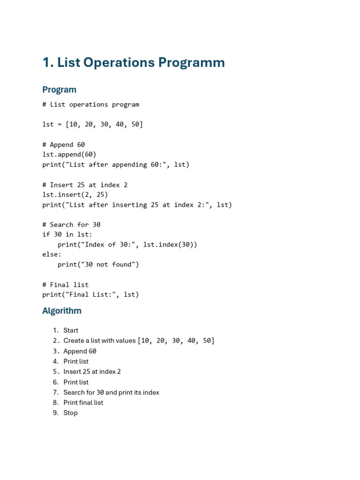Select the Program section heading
(59, 90)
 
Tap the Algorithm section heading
(62, 311)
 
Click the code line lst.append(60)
(69, 154)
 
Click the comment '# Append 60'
(64, 144)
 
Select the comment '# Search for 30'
(71, 225)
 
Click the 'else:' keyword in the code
(52, 255)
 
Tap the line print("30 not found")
(98, 264)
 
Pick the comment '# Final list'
(66, 285)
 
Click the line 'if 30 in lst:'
(67, 234)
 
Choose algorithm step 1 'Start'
(71, 330)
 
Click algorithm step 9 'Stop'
(70, 413)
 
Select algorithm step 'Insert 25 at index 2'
(92, 372)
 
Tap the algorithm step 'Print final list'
(83, 403)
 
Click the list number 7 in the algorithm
(55, 392)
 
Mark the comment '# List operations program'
(90, 105)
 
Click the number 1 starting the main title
(46, 63)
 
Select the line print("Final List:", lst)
(90, 294)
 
